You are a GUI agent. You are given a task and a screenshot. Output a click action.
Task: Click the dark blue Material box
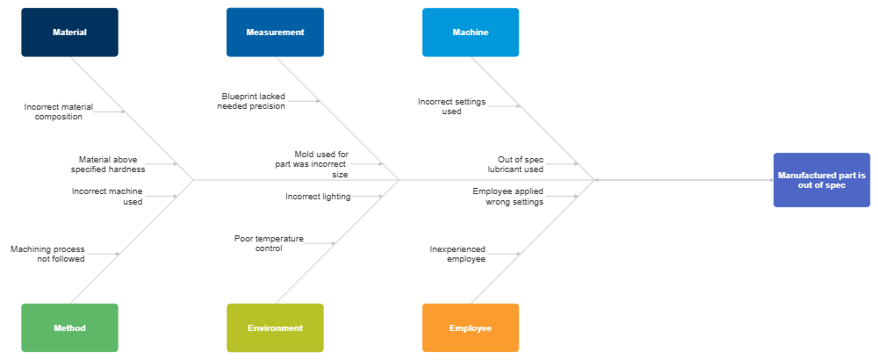click(x=69, y=32)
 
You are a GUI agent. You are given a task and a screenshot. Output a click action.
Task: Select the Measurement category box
click(x=275, y=32)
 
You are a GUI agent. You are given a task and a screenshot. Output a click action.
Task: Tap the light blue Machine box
click(x=471, y=32)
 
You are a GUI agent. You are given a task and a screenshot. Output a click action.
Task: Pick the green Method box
click(x=69, y=328)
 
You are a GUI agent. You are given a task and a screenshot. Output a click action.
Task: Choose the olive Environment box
click(x=275, y=328)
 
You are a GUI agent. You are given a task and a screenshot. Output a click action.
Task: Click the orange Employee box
click(x=471, y=328)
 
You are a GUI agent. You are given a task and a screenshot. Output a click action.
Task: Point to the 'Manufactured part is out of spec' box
click(x=821, y=180)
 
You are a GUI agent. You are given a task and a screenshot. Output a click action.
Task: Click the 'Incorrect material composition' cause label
click(x=59, y=112)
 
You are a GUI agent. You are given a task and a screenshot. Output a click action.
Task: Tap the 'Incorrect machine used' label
click(x=107, y=196)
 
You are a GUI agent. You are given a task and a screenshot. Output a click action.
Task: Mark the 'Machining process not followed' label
click(x=48, y=254)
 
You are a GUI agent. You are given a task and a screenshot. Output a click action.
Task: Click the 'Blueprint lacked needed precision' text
click(x=253, y=101)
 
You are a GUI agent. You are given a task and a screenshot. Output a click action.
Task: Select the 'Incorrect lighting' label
click(x=317, y=197)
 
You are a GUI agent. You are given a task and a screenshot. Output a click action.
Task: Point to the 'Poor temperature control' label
click(x=268, y=243)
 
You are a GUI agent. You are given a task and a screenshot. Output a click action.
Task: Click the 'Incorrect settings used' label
click(x=451, y=106)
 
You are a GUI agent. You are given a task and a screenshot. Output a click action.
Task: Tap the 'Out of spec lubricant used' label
click(x=521, y=164)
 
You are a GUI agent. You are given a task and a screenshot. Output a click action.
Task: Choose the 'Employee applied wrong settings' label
click(x=508, y=196)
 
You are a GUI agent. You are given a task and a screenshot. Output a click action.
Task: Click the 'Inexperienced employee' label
click(x=457, y=254)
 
